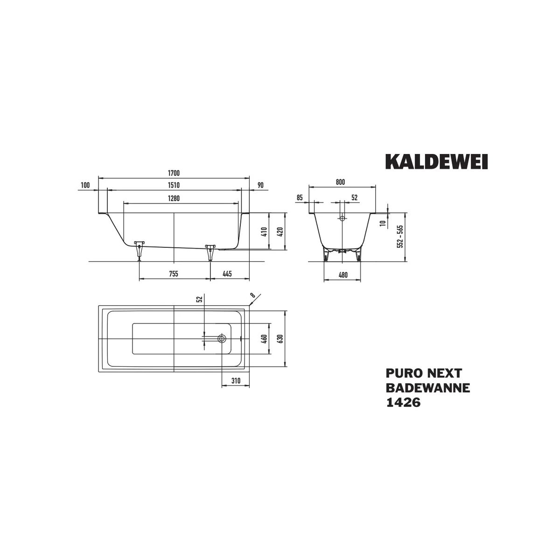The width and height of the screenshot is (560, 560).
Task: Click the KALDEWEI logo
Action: [436, 161]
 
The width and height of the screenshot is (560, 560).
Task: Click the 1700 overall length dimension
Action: [174, 173]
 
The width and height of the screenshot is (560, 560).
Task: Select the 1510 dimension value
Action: [174, 185]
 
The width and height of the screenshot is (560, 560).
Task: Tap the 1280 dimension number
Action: [174, 198]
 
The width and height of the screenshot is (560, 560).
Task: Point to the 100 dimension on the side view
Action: [85, 185]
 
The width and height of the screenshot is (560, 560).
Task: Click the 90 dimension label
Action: [260, 185]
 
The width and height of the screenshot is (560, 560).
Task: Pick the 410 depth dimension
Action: [265, 231]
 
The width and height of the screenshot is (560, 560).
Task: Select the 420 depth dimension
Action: [280, 231]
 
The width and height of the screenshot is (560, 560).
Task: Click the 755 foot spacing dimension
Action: [174, 274]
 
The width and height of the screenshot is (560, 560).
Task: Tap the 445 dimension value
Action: [227, 274]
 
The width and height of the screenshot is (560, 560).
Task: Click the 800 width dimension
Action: [340, 182]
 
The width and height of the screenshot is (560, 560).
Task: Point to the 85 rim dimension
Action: [300, 198]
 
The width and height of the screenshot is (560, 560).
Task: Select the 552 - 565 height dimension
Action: [400, 236]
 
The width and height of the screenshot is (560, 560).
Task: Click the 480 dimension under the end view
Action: [343, 275]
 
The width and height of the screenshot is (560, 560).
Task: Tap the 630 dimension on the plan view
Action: [280, 338]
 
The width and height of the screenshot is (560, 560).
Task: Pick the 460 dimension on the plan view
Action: [264, 338]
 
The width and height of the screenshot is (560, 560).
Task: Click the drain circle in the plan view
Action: [222, 338]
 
